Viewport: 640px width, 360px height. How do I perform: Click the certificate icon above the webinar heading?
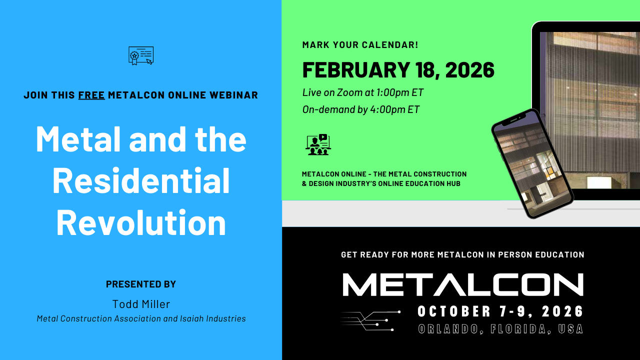(x=141, y=55)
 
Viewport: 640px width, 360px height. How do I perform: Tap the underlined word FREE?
(x=91, y=95)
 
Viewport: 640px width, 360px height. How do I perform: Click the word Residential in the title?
(x=141, y=181)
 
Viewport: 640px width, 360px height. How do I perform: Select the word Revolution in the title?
(x=141, y=222)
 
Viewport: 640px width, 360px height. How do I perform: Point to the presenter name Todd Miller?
(x=141, y=304)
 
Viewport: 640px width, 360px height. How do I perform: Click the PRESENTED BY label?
(x=141, y=284)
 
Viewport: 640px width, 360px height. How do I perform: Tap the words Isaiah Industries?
(x=213, y=318)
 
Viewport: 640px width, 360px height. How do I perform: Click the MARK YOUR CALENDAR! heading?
(x=360, y=45)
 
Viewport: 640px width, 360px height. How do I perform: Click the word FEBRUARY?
(x=356, y=70)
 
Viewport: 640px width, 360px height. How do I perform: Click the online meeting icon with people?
(x=318, y=144)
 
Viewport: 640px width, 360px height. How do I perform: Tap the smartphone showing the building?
(x=532, y=163)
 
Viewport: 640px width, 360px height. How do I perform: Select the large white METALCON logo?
(x=463, y=284)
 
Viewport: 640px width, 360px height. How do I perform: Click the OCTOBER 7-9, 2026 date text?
(x=500, y=311)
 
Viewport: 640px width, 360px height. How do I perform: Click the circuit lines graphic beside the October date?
(x=370, y=321)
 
